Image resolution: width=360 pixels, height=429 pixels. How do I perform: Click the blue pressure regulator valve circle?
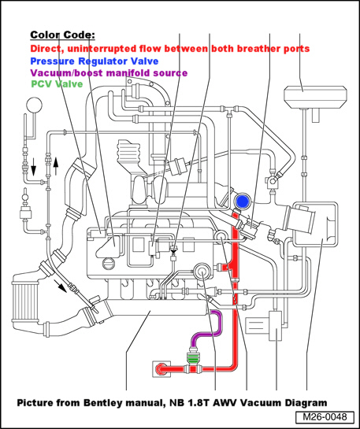point(243,202)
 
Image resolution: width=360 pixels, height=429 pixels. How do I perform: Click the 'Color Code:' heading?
point(62,35)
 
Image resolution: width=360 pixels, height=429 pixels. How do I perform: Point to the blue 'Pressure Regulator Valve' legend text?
point(95,61)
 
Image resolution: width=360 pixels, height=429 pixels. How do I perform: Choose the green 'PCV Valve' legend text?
point(57,83)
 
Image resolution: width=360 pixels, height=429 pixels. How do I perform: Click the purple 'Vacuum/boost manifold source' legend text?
point(109,72)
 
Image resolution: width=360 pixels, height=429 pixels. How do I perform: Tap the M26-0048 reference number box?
point(325,417)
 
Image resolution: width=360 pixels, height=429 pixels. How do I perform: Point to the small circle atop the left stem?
point(35,105)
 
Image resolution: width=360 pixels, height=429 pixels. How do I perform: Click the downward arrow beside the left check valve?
point(33,166)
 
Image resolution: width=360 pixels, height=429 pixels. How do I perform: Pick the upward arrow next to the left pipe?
point(56,166)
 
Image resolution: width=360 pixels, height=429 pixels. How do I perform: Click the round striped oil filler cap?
point(108,264)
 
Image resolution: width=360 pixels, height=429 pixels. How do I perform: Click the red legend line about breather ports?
point(169,49)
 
